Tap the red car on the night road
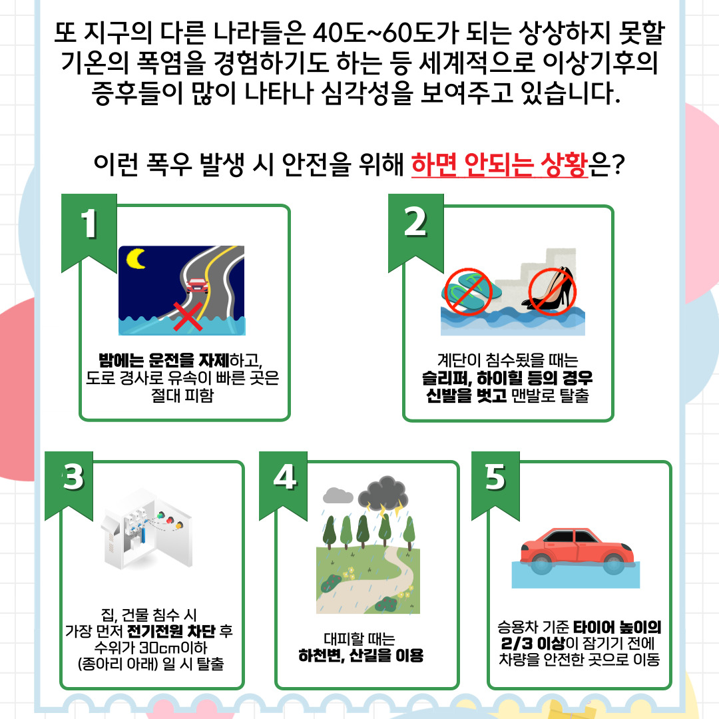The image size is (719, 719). (197, 285)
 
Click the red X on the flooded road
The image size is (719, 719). (188, 316)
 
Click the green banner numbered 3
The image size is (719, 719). (69, 486)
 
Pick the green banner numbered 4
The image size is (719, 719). (283, 486)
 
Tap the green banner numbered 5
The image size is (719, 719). (495, 486)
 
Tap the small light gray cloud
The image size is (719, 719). (338, 495)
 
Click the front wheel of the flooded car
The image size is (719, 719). (614, 564)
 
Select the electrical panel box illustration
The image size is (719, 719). (146, 531)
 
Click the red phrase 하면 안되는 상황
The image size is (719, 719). (499, 164)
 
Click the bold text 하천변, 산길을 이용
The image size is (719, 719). (361, 655)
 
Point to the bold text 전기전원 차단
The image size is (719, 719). (170, 631)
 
